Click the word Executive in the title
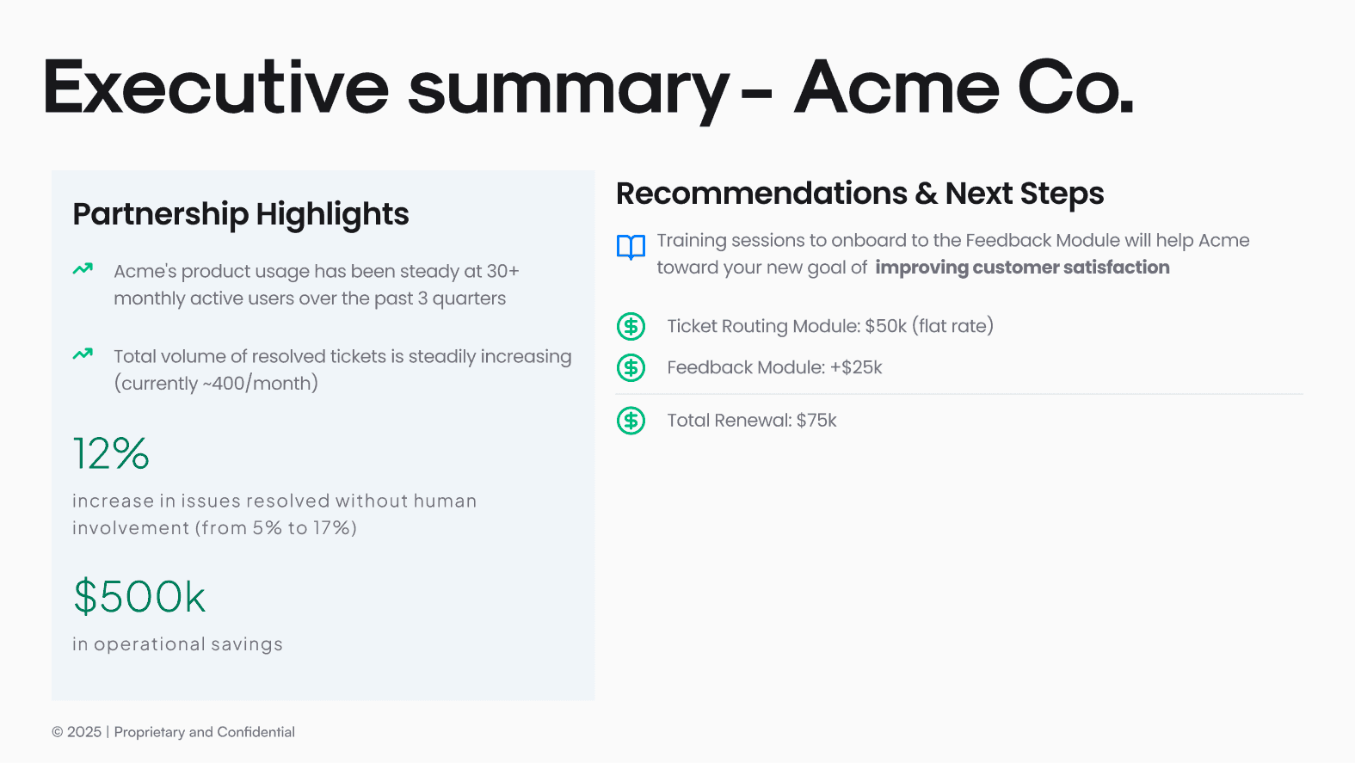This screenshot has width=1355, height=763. coord(215,87)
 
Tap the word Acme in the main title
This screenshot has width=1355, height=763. coord(896,87)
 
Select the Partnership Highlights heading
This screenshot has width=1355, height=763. coord(241,214)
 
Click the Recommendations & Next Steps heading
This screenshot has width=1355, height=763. coord(859,194)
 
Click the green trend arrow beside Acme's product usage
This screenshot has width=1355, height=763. coord(83,269)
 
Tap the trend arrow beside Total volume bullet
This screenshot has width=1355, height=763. coord(83,354)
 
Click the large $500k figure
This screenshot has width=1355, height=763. coord(139,596)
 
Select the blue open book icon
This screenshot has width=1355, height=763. coord(631,247)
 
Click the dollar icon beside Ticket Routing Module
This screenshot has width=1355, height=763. coord(631,327)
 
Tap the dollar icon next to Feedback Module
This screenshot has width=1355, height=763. coord(631,367)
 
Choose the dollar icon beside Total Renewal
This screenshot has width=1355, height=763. coord(631,421)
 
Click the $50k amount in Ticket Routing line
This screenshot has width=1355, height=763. coord(885,327)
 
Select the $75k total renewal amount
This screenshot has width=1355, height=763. coord(816,421)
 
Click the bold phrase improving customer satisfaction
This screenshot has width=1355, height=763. coord(1022,268)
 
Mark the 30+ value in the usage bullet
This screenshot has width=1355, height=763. coord(502,271)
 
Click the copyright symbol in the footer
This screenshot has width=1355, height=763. coord(58,732)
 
